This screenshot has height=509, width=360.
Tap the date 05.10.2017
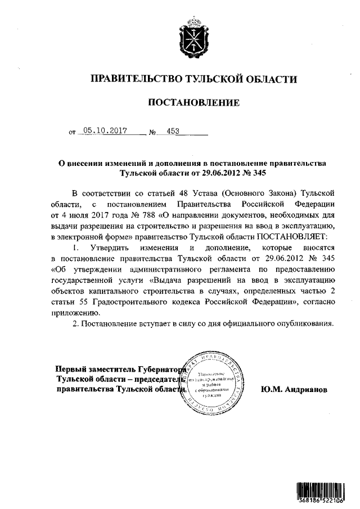(103, 131)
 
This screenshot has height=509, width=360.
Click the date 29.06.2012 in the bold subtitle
(205, 174)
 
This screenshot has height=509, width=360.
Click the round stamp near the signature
(215, 382)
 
